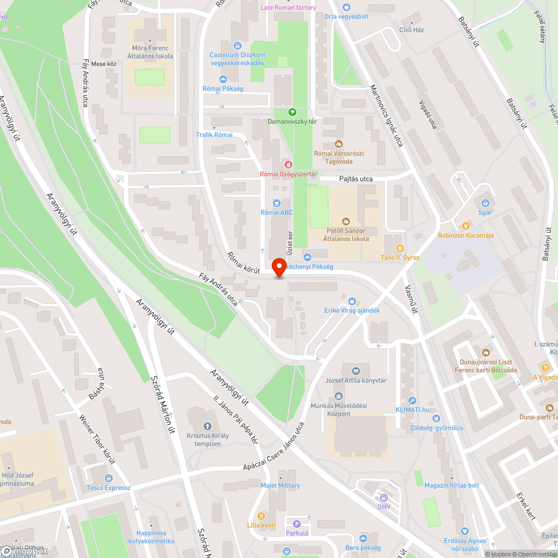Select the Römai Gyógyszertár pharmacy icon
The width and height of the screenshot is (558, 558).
(x=288, y=165)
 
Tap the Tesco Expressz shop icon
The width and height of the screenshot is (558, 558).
(x=108, y=478)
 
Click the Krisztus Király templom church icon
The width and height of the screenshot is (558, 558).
(x=208, y=427)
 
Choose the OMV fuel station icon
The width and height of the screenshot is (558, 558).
(x=383, y=498)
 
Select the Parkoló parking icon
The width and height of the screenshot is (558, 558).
(x=297, y=523)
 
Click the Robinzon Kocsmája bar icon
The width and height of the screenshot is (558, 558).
(x=465, y=226)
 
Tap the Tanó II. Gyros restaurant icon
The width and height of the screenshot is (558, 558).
(x=399, y=248)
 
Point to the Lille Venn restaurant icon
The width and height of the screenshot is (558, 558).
(x=261, y=516)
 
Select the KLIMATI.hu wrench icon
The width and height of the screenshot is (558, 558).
(x=412, y=400)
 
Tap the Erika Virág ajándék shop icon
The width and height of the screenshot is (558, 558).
(x=352, y=301)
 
